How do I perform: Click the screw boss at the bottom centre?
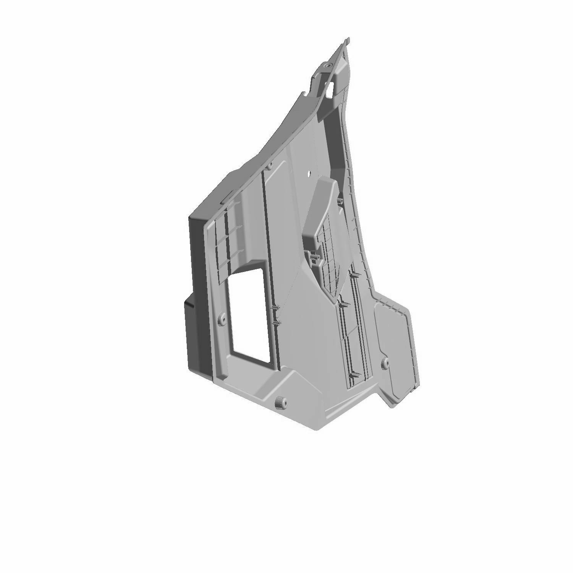(x=281, y=402)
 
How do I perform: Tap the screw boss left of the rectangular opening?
(x=220, y=318)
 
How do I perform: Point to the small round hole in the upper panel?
(x=309, y=173)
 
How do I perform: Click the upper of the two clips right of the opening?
(x=276, y=308)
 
